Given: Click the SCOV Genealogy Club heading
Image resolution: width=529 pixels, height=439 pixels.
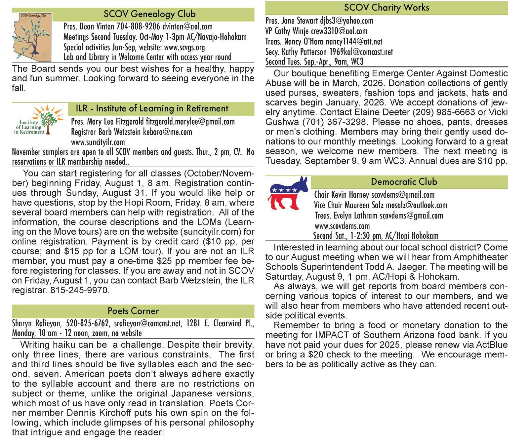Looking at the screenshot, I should pos(149,14).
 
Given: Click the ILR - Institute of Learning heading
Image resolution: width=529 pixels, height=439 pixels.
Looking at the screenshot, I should pos(152,108).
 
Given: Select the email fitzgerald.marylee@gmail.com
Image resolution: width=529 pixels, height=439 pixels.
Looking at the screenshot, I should pos(190,121).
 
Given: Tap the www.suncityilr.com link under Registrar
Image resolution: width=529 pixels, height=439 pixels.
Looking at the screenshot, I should pos(98,142).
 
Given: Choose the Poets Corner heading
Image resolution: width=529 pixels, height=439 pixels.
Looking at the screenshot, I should pos(133,311).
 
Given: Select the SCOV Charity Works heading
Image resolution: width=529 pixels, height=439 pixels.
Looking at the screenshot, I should pos(386,8).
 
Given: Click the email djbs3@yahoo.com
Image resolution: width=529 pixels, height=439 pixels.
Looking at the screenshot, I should pos(346,21).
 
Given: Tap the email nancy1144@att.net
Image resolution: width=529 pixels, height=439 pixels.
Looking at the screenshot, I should pos(354,42).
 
